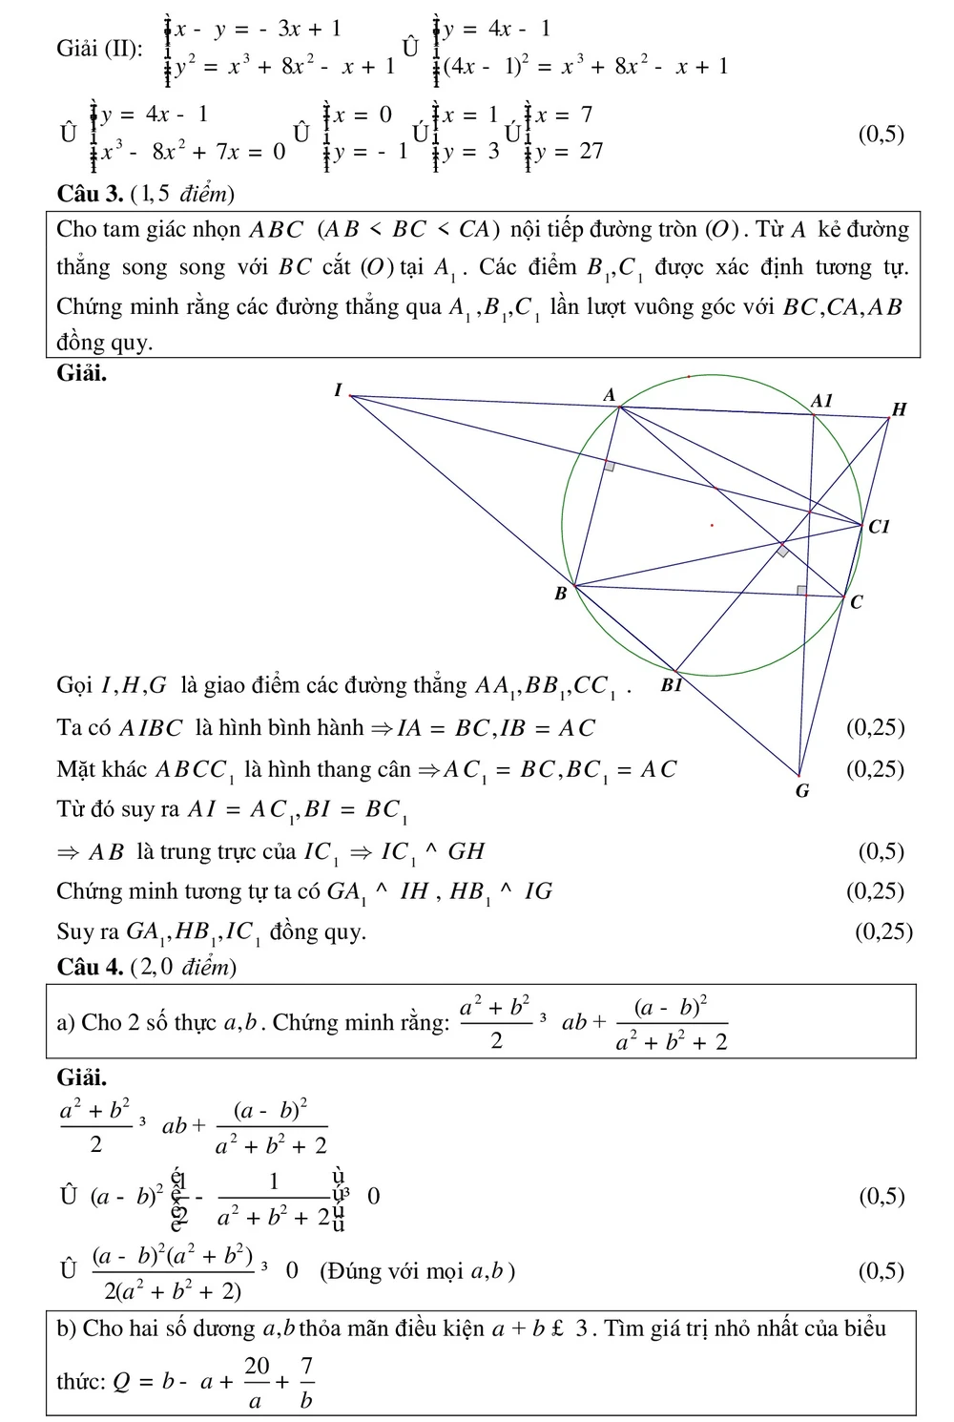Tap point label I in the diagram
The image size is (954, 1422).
point(338,389)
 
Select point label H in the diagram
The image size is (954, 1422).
point(898,410)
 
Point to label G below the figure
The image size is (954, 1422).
point(802,791)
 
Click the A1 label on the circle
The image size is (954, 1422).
point(821,401)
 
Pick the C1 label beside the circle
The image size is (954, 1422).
point(879,527)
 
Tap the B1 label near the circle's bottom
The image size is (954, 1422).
point(672,685)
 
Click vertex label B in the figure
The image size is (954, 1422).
point(561,594)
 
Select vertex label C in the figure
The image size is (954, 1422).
point(856,603)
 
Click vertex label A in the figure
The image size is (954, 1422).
point(610,395)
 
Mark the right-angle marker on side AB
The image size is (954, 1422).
point(609,466)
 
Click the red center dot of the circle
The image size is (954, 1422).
point(712,525)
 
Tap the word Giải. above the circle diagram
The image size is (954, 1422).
point(82,373)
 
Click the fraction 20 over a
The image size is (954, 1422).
point(257,1382)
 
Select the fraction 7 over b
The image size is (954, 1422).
point(307,1382)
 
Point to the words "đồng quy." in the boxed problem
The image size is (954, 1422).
point(105,344)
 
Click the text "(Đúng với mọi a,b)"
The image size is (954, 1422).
point(417,1271)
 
